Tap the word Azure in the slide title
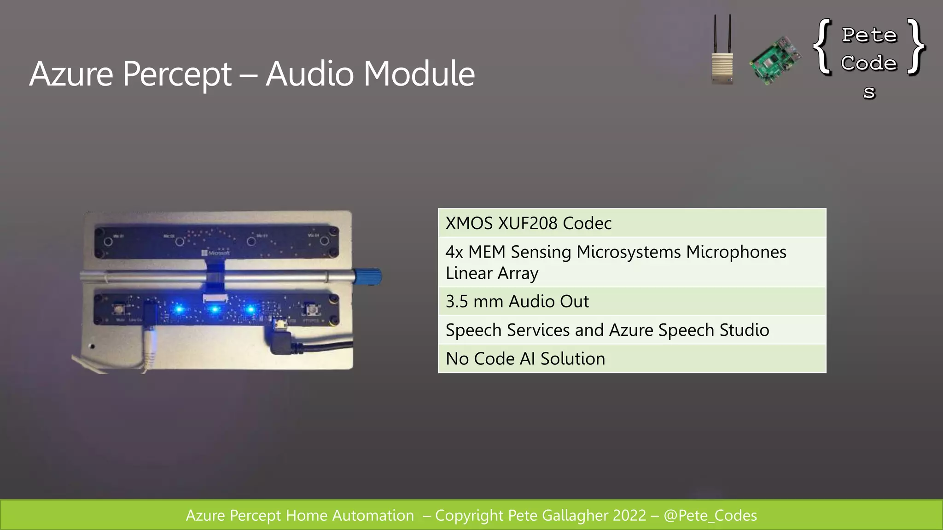71,74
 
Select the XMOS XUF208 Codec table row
632,223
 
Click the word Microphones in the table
736,252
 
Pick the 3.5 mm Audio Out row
632,301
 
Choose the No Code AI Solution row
632,358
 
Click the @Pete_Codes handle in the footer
710,515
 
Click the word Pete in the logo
869,35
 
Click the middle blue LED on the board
215,309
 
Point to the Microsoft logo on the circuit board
215,253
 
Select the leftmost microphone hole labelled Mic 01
108,242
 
